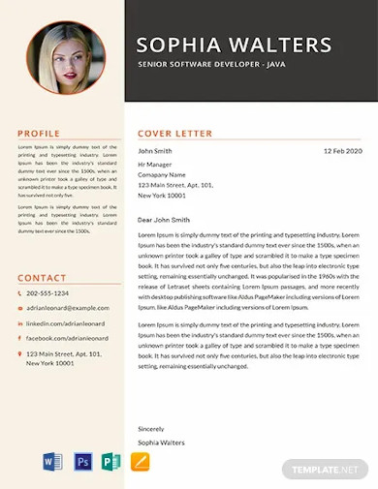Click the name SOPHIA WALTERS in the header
tap(235, 45)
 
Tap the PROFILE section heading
tap(39, 133)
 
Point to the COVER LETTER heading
tap(174, 133)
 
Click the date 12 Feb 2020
tap(342, 151)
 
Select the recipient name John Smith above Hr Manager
tap(155, 151)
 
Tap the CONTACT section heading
tap(43, 278)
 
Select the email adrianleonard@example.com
tap(69, 308)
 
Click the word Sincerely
tap(151, 428)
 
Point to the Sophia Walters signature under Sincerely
tap(161, 443)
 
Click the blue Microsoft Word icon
tap(52, 462)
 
